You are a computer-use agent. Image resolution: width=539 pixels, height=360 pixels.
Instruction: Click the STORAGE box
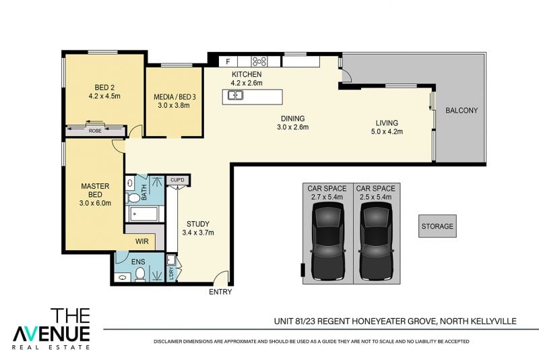[x=437, y=227]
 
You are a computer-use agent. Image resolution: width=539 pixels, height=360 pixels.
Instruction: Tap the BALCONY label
[x=462, y=111]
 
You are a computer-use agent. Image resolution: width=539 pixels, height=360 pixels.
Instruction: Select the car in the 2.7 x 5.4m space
[x=328, y=241]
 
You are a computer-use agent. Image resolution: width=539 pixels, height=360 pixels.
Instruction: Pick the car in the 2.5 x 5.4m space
[x=376, y=241]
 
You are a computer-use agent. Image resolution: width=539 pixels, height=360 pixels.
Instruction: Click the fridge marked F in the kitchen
[x=228, y=61]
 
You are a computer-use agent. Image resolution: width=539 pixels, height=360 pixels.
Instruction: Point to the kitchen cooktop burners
[x=259, y=61]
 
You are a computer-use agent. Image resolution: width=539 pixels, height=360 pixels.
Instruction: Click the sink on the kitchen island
[x=235, y=95]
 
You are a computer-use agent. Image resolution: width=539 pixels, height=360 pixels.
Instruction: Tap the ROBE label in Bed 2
[x=95, y=131]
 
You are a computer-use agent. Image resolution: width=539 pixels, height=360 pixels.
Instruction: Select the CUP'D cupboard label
[x=177, y=180]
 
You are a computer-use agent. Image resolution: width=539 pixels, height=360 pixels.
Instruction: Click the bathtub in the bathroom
[x=144, y=214]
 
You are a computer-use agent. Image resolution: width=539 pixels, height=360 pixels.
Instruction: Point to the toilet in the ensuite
[x=139, y=274]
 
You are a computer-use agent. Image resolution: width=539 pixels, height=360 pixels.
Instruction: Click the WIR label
[x=142, y=241]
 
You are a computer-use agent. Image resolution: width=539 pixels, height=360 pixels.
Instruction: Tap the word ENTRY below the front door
[x=220, y=292]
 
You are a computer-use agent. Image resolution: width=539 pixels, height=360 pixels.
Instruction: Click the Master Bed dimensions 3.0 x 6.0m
[x=95, y=203]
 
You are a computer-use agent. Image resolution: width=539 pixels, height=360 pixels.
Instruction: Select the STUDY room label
[x=198, y=224]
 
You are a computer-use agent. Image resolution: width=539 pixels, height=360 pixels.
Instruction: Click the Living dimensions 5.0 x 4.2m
[x=387, y=131]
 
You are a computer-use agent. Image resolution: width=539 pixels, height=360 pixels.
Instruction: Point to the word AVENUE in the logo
[x=51, y=334]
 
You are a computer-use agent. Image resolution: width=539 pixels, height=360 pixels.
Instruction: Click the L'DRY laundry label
[x=171, y=273]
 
